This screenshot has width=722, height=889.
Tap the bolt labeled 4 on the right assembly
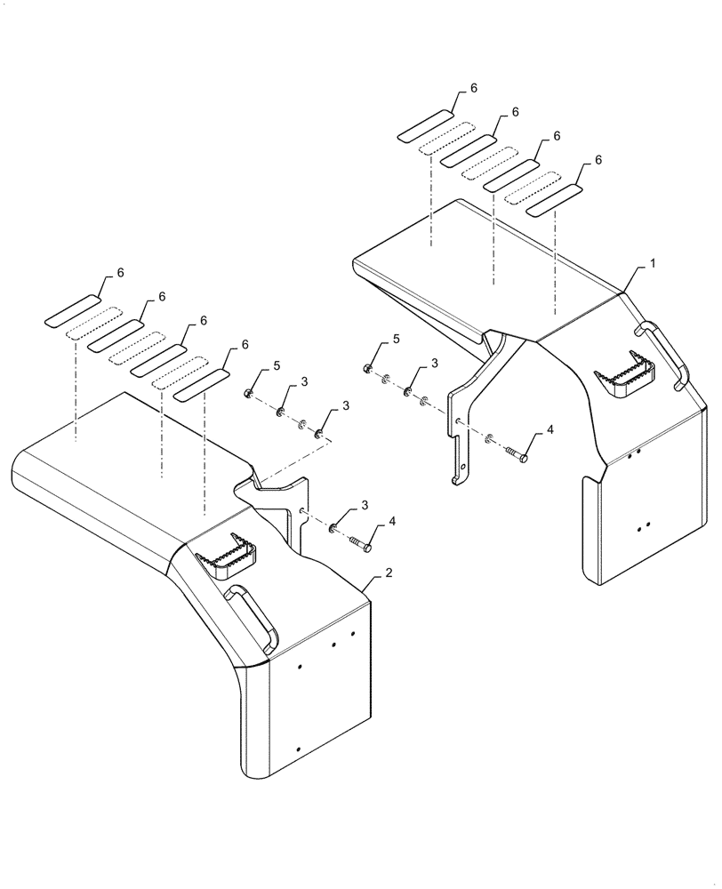pos(519,456)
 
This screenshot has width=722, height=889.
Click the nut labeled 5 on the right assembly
pos(367,369)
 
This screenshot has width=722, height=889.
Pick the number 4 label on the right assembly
pos(550,429)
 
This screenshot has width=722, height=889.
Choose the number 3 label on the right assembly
pos(435,363)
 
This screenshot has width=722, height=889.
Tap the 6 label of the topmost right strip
pos(474,88)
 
